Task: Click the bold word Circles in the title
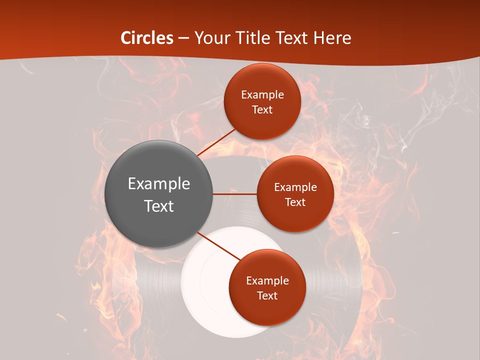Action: point(147,38)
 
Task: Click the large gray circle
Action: point(158,194)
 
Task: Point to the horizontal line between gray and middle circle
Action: point(235,194)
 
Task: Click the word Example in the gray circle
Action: point(158,184)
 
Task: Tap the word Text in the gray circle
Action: point(158,206)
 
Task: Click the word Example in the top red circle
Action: point(262,95)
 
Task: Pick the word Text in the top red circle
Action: point(262,109)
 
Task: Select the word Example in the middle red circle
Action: point(295,187)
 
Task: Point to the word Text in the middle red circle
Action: point(295,202)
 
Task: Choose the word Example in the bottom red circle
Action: point(267,281)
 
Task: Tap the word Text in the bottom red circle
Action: point(267,295)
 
